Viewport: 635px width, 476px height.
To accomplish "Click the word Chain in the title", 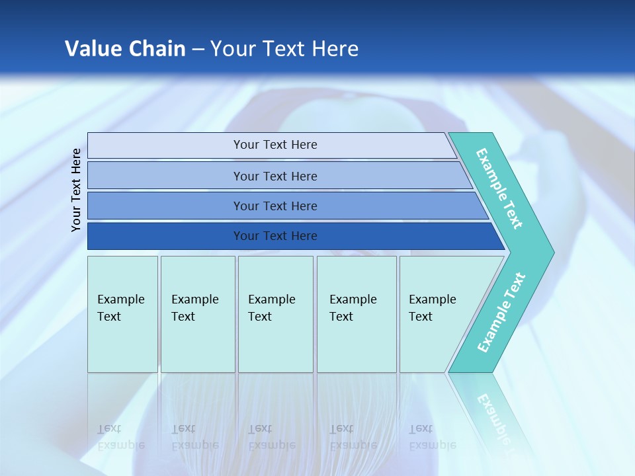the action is click(157, 48).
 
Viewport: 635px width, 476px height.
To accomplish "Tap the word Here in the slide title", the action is click(335, 48).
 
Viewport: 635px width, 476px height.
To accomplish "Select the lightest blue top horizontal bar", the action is click(272, 145).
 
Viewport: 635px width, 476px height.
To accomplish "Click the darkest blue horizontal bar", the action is click(296, 236).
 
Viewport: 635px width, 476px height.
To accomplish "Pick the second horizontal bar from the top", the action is click(280, 175).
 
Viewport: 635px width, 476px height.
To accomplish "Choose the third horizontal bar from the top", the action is click(288, 206).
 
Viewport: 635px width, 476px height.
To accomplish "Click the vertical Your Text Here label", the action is click(75, 190).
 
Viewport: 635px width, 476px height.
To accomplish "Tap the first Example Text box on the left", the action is click(123, 314).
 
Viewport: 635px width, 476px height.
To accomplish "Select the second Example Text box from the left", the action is click(198, 314).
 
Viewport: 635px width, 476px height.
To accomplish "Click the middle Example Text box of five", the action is click(276, 314).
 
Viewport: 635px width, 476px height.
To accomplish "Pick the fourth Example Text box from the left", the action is click(357, 314).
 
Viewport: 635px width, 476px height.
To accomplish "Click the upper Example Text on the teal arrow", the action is click(499, 188).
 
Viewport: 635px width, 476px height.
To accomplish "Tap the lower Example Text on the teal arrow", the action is click(501, 312).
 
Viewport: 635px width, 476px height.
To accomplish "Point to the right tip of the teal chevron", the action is click(554, 253).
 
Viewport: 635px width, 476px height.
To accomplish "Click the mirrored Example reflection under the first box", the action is click(121, 446).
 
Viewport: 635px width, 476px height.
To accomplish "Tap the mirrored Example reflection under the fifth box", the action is click(433, 446).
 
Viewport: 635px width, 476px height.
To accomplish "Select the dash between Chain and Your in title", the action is click(198, 50).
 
